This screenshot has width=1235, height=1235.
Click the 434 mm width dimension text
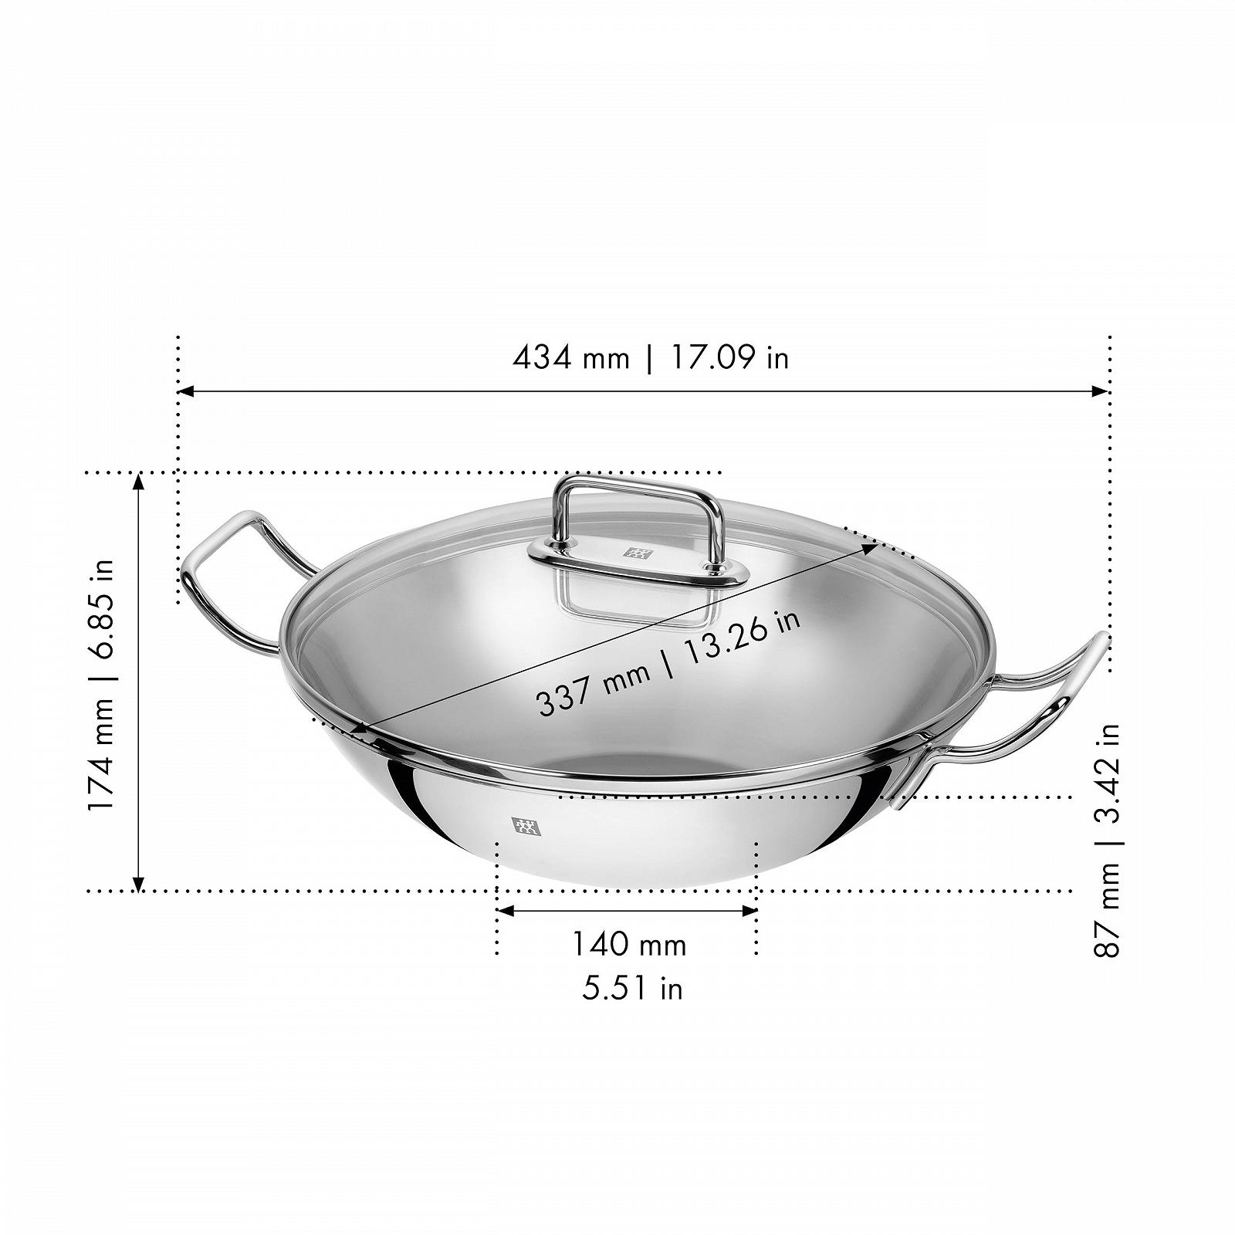click(x=570, y=357)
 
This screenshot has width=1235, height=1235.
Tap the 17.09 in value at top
click(x=729, y=357)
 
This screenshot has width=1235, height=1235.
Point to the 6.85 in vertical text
click(x=102, y=610)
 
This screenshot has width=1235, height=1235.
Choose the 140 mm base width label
click(x=628, y=944)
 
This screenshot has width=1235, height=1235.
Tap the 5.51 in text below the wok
click(x=632, y=989)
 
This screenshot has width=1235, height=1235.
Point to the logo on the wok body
click(x=526, y=827)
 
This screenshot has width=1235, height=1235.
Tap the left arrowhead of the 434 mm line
click(x=185, y=391)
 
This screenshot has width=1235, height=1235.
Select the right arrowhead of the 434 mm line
click(x=1101, y=391)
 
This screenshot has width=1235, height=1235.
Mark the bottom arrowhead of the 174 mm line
click(x=139, y=883)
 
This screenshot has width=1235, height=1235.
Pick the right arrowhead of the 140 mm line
click(x=749, y=911)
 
